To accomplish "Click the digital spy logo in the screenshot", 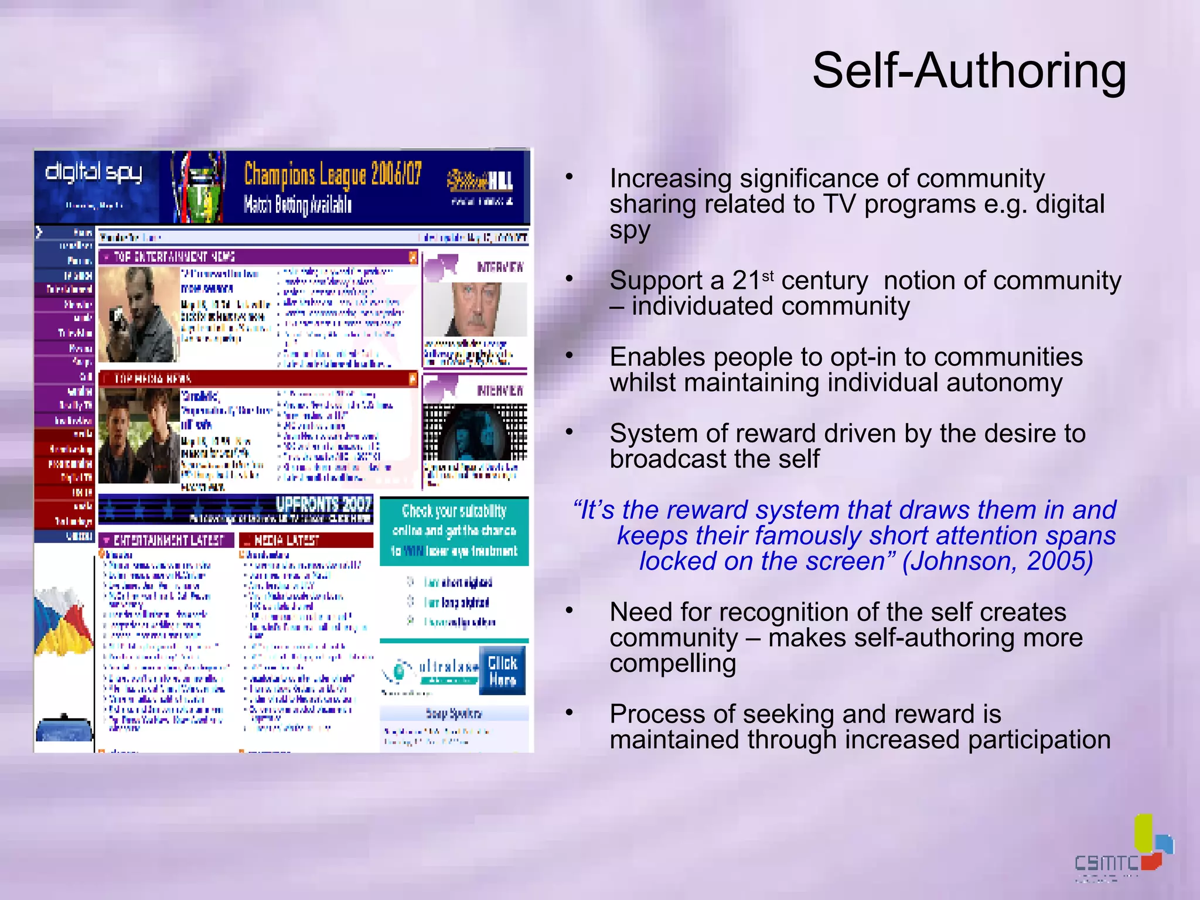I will [x=94, y=172].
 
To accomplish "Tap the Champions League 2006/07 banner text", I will [x=332, y=174].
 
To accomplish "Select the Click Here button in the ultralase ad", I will [x=502, y=671].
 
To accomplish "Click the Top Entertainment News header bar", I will [x=257, y=257].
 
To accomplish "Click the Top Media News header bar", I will [x=257, y=379].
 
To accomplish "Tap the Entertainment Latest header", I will [x=166, y=540].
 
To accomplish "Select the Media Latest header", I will [x=306, y=540].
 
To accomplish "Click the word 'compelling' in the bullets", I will [x=672, y=664].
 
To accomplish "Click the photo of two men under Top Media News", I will [x=139, y=435].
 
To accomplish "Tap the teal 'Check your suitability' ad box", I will [x=454, y=531].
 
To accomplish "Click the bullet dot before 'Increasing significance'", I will [x=569, y=176].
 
